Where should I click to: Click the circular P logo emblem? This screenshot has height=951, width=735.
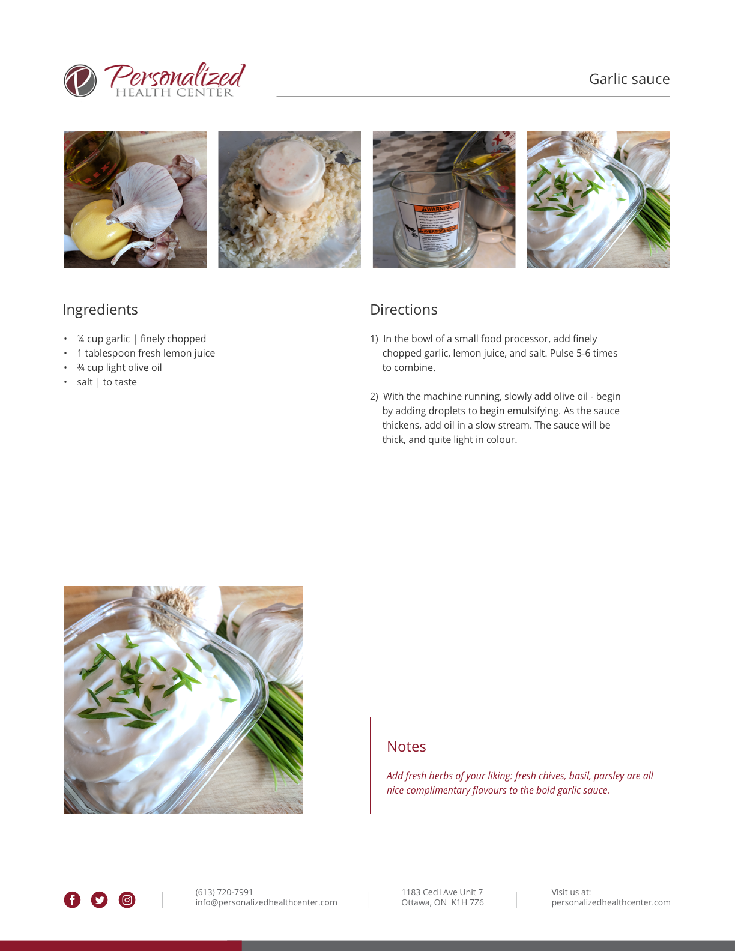click(80, 81)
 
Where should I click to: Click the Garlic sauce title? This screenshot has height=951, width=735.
click(629, 79)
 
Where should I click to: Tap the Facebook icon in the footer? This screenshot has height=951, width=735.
click(72, 900)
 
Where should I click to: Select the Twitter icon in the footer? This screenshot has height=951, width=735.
click(99, 900)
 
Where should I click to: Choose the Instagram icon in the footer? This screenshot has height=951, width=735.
click(127, 900)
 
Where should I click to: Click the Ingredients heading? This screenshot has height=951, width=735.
click(100, 309)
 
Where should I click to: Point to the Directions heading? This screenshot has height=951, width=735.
click(404, 309)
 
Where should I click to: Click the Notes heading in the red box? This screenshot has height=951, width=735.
click(407, 747)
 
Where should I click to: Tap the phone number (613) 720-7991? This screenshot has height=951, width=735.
click(224, 892)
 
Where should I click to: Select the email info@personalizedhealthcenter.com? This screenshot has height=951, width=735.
click(266, 902)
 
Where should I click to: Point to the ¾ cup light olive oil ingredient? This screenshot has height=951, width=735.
click(119, 367)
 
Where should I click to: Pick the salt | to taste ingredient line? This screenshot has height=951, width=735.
click(107, 382)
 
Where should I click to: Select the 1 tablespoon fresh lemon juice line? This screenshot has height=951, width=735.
click(146, 353)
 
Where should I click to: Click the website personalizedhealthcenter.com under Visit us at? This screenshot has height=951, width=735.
click(611, 902)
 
